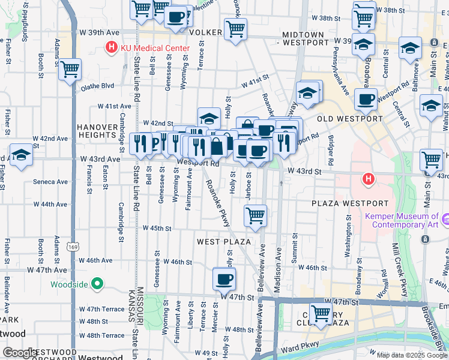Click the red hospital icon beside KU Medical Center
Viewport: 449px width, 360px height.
111,47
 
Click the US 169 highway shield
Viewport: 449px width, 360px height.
72,246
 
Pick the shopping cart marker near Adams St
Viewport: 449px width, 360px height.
70,70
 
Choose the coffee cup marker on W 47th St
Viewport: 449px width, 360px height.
224,278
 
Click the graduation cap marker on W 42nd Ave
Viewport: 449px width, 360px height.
21,155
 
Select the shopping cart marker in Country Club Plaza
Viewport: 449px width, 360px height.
321,313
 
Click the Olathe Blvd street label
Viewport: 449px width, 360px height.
97,86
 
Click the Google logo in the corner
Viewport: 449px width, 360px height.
20,353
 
